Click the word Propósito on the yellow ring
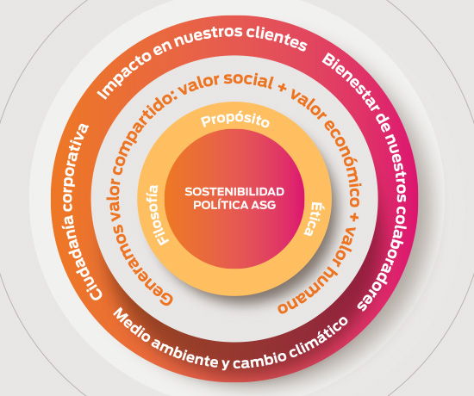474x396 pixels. click(235, 121)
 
